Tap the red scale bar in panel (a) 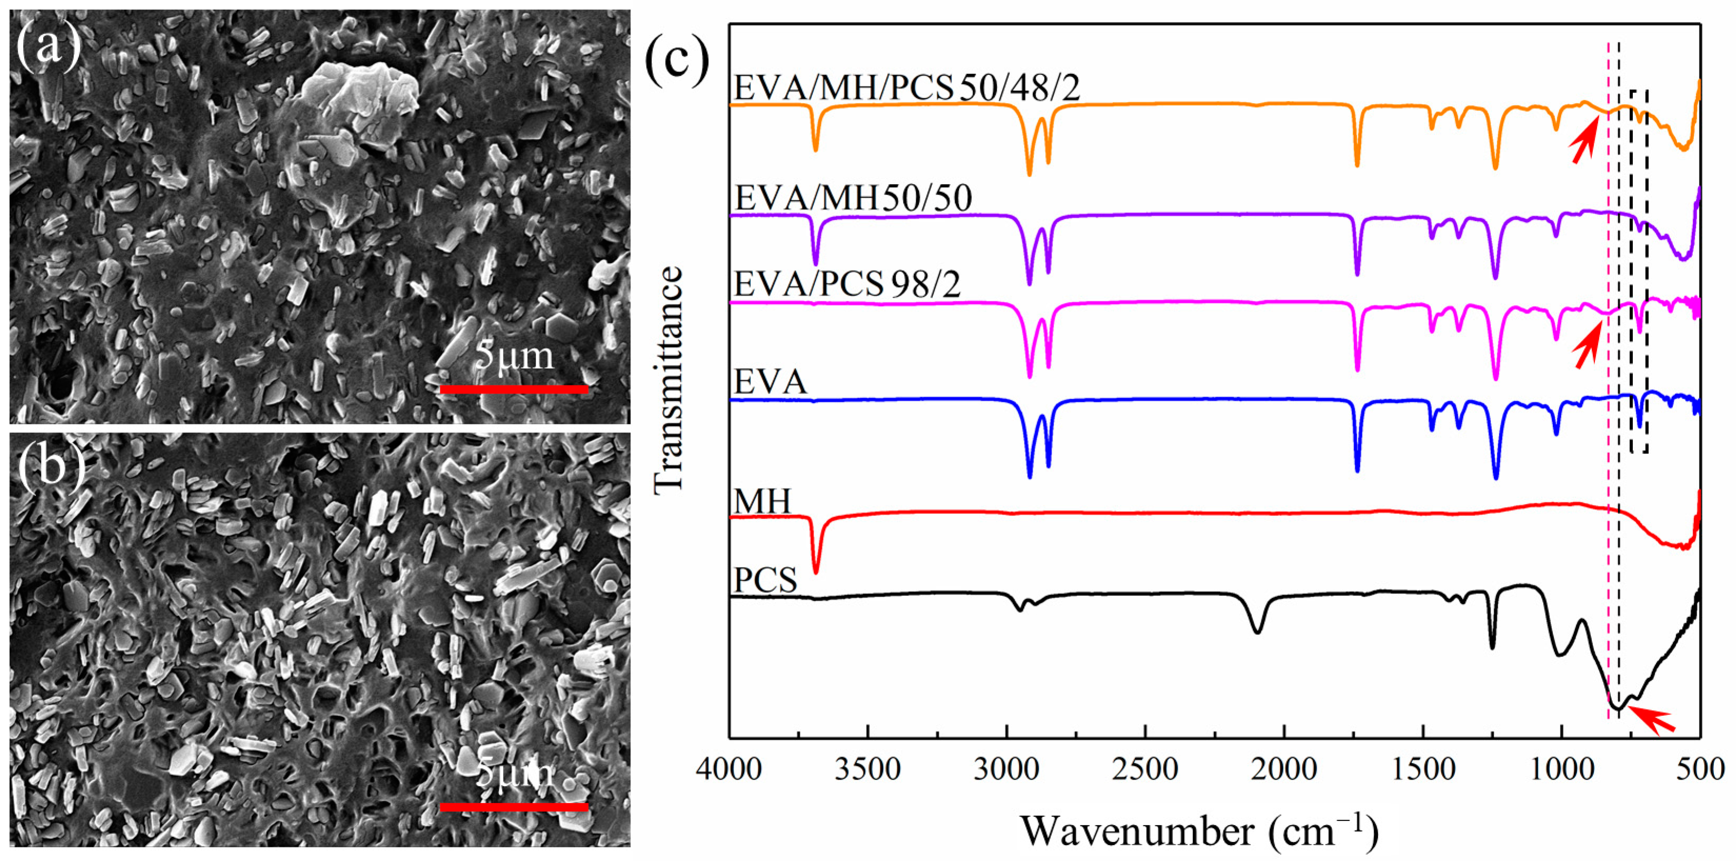click(514, 389)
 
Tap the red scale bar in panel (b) click(514, 806)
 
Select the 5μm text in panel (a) click(514, 356)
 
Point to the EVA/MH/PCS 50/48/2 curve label click(906, 88)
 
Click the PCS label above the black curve click(765, 580)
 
